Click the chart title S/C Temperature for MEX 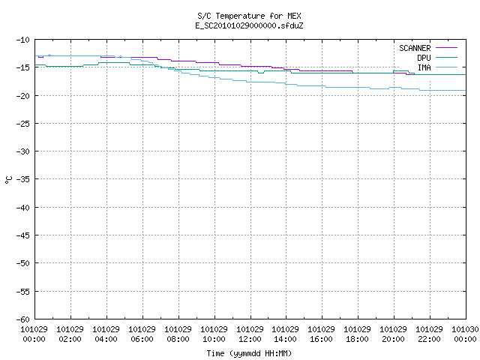[249, 16]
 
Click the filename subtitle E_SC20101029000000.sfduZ [249, 25]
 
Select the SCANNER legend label [415, 48]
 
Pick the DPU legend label [424, 58]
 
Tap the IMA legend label [424, 67]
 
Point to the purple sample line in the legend [446, 48]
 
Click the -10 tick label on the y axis [23, 40]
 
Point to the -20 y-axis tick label [23, 96]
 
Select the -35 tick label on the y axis [23, 179]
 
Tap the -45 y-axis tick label [23, 235]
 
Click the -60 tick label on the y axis [23, 319]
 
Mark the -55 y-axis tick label [23, 292]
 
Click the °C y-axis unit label [8, 180]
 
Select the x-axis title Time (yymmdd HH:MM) [249, 353]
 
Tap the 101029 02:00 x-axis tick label [70, 334]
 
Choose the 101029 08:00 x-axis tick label [178, 334]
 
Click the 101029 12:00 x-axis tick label [250, 334]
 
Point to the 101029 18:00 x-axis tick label [357, 334]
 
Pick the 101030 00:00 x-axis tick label [465, 334]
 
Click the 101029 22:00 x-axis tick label [429, 334]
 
